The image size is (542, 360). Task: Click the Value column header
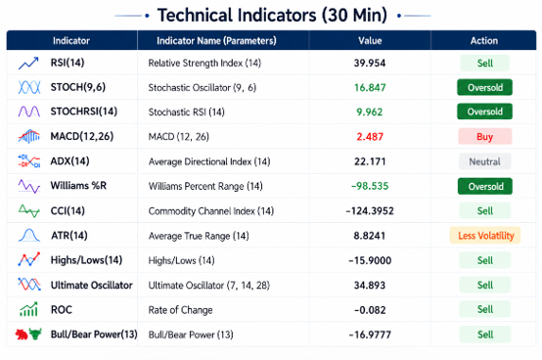(x=370, y=41)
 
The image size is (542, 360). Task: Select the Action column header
(x=484, y=41)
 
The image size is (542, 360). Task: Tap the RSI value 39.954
(x=370, y=63)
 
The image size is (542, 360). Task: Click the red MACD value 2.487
(x=370, y=137)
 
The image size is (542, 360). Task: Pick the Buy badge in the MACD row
(x=485, y=137)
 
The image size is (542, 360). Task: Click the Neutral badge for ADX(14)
(x=484, y=161)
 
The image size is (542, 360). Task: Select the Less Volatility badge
(x=485, y=236)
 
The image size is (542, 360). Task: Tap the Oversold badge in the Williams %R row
(x=485, y=186)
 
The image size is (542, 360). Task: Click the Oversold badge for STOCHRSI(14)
(x=484, y=112)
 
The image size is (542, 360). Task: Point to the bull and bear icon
(x=28, y=335)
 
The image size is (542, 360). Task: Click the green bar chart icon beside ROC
(x=28, y=309)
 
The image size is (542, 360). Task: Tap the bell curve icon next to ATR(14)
(x=29, y=235)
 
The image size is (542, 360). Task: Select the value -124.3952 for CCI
(x=370, y=210)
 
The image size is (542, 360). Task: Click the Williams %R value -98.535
(x=370, y=186)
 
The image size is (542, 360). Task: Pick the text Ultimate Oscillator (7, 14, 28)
(x=208, y=286)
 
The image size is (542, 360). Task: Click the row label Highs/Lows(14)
(x=86, y=260)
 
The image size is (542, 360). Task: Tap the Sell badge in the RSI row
(x=485, y=63)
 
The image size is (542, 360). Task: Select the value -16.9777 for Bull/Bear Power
(x=370, y=335)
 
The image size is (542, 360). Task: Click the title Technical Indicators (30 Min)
(x=272, y=16)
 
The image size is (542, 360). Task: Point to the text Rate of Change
(x=180, y=310)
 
